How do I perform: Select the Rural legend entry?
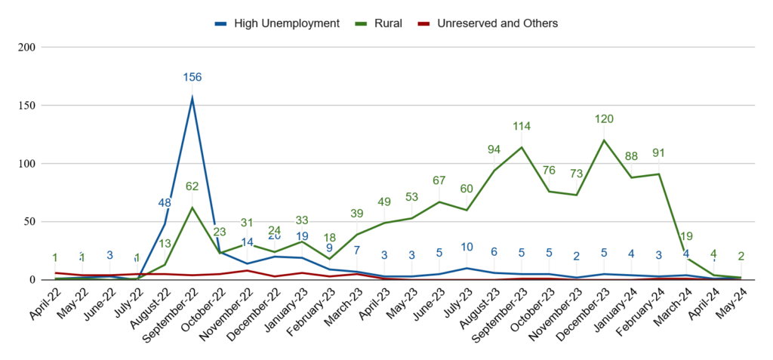[385, 23]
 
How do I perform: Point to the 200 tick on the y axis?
[27, 47]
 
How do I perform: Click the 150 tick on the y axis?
[27, 105]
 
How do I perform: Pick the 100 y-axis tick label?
[27, 163]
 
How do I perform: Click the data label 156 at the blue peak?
[192, 77]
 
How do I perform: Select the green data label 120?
[604, 119]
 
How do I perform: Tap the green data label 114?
[522, 126]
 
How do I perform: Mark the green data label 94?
[494, 149]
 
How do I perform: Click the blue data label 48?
[165, 202]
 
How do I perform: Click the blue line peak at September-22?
[192, 98]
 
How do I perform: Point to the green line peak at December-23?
[604, 140]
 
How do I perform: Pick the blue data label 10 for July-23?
[467, 247]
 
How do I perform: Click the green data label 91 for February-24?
[659, 153]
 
